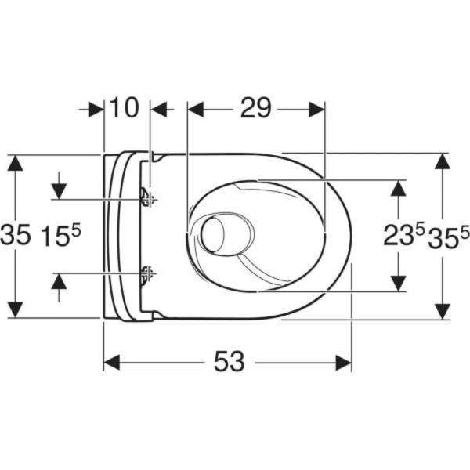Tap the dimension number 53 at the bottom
pyautogui.click(x=227, y=361)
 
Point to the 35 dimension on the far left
pyautogui.click(x=16, y=236)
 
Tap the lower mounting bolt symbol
pyautogui.click(x=146, y=273)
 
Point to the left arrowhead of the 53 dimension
pyautogui.click(x=111, y=361)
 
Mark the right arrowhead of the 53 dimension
pyautogui.click(x=344, y=361)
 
